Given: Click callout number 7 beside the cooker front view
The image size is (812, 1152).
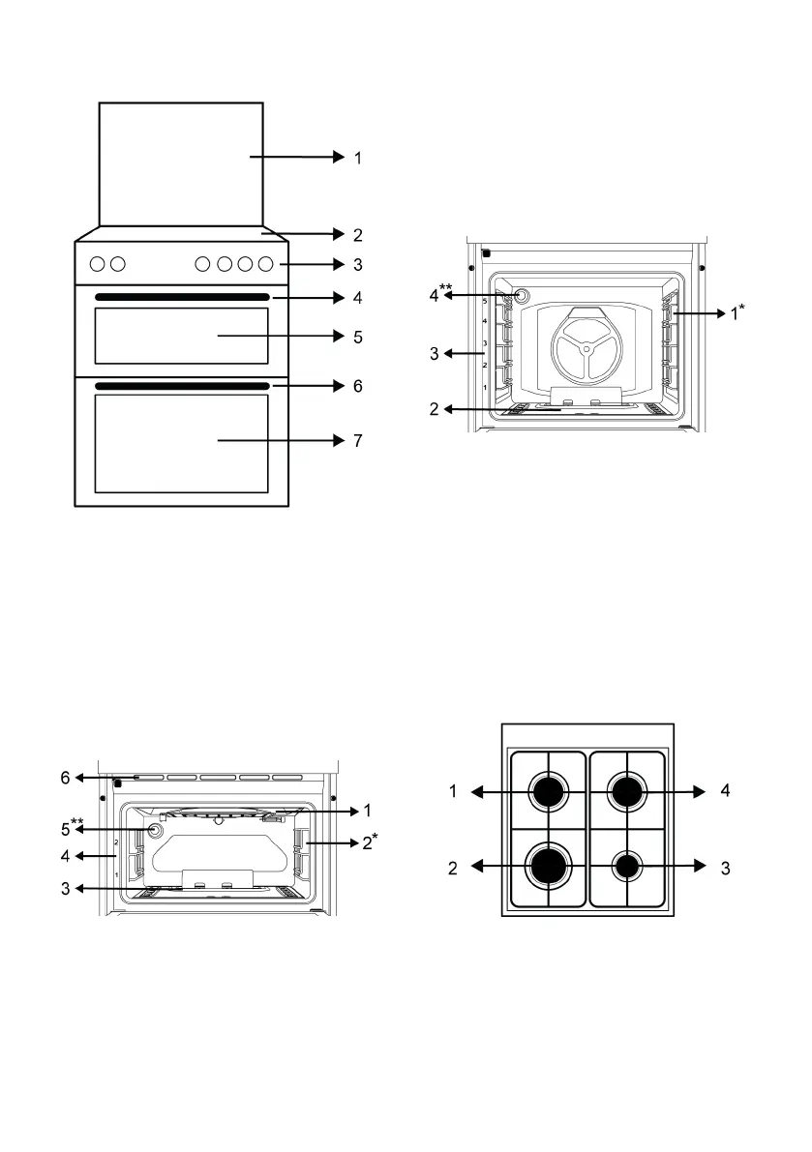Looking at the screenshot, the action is (358, 441).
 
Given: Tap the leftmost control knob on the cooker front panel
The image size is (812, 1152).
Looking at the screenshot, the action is (98, 263).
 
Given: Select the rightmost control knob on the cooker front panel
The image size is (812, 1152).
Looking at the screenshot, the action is (266, 263).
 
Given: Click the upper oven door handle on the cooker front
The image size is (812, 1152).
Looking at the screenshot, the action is (182, 297).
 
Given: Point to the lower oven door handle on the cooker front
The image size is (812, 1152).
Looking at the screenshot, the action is (182, 386).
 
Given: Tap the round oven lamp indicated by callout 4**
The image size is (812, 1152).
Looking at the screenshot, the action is (523, 296).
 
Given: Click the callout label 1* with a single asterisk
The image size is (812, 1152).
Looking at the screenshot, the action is (737, 313).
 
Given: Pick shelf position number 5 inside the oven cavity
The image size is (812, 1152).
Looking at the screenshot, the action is (485, 302).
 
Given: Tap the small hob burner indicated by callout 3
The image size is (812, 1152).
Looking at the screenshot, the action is (627, 866).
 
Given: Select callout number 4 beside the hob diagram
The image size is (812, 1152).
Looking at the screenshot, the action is (725, 791).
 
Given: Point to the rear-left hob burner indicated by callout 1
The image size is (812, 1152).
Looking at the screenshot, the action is (548, 792).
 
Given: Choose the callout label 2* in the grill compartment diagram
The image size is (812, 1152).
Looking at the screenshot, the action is (369, 842).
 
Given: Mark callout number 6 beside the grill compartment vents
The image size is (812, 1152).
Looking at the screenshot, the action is (65, 777).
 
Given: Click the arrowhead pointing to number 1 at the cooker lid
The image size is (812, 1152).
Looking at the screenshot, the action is (338, 157).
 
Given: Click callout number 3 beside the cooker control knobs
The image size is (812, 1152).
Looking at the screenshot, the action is (358, 263).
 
